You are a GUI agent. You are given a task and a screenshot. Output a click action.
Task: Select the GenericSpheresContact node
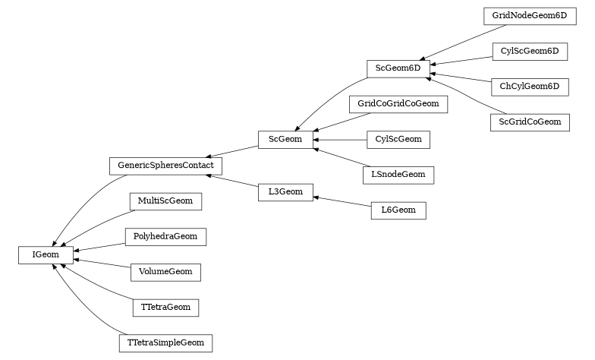pyautogui.click(x=165, y=165)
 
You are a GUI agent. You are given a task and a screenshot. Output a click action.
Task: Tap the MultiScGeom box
pyautogui.click(x=165, y=201)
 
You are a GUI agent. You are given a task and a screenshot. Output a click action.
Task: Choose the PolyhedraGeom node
pyautogui.click(x=165, y=237)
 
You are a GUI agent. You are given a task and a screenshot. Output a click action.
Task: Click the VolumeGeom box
pyautogui.click(x=165, y=272)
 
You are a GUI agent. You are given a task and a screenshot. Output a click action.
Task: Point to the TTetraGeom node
pyautogui.click(x=165, y=308)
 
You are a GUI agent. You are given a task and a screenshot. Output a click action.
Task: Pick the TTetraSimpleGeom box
pyautogui.click(x=165, y=343)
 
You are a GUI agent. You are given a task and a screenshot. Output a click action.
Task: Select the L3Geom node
pyautogui.click(x=285, y=192)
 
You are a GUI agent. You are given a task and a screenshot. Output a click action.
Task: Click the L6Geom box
pyautogui.click(x=398, y=210)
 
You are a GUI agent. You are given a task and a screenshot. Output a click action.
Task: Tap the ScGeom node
pyautogui.click(x=285, y=140)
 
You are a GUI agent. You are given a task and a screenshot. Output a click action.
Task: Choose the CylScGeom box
pyautogui.click(x=398, y=140)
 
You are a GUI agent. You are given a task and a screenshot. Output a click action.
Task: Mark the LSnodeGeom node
pyautogui.click(x=398, y=175)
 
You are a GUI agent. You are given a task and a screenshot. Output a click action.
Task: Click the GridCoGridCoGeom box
pyautogui.click(x=398, y=103)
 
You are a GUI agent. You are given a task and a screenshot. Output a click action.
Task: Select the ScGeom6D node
pyautogui.click(x=398, y=68)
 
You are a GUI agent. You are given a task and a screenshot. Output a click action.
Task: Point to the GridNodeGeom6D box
pyautogui.click(x=529, y=16)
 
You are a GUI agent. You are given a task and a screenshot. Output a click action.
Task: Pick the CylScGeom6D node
pyautogui.click(x=529, y=52)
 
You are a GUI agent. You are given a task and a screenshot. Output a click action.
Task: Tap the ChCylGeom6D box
pyautogui.click(x=529, y=87)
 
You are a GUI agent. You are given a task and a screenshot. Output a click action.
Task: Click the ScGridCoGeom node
pyautogui.click(x=529, y=122)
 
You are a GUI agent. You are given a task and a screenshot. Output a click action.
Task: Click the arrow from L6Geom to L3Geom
pyautogui.click(x=342, y=201)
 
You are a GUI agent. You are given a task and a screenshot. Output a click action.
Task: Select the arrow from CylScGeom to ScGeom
pyautogui.click(x=340, y=140)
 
